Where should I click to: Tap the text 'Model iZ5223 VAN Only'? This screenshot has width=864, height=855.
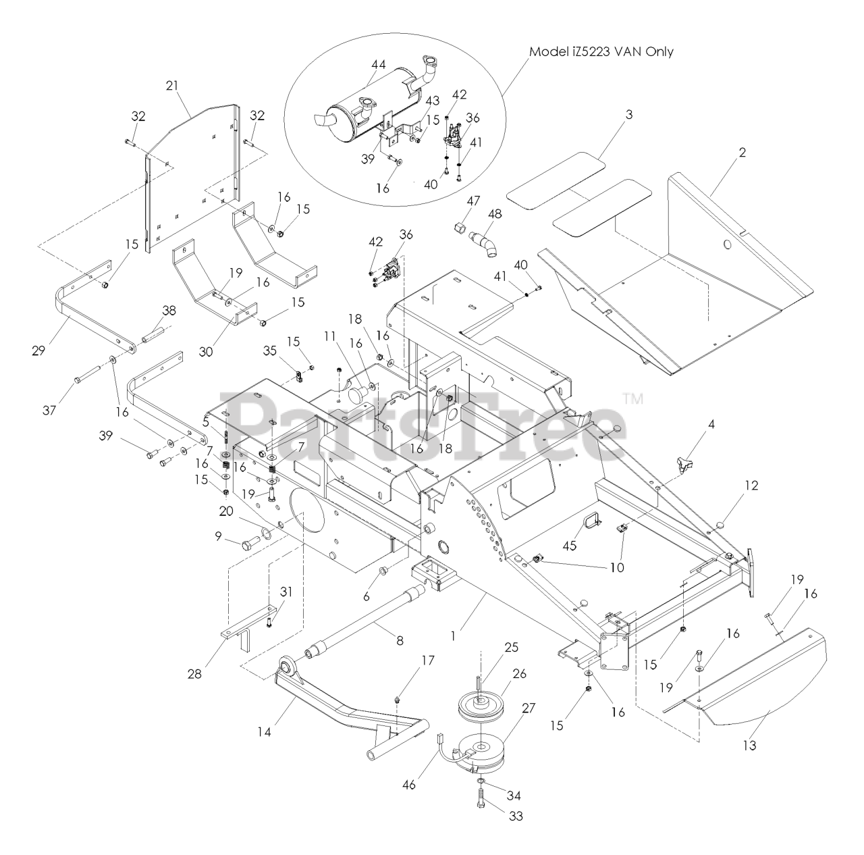[x=601, y=51]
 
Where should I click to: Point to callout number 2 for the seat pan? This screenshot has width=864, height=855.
[x=742, y=153]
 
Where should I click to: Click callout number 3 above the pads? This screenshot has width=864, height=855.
[x=628, y=115]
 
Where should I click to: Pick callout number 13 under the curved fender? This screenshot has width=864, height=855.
[x=749, y=746]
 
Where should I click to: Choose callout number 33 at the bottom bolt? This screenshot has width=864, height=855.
[x=516, y=816]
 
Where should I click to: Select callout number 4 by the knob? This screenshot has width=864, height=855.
[x=711, y=425]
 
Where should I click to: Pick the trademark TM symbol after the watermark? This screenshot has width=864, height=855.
[x=632, y=398]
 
